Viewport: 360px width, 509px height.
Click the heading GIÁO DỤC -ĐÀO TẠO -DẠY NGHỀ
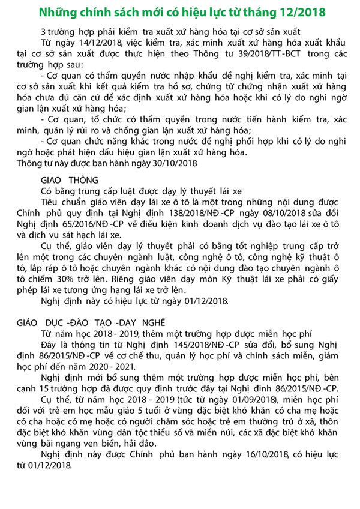pos(94,322)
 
